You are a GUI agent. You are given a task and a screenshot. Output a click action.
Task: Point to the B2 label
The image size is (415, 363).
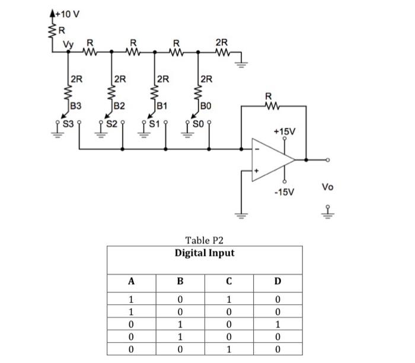[x=119, y=107]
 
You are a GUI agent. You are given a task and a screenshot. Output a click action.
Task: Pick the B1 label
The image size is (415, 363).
[x=161, y=107]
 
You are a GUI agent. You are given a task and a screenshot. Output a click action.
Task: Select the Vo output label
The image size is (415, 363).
[x=328, y=187]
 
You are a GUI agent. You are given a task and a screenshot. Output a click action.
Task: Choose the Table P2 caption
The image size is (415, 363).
[x=204, y=240]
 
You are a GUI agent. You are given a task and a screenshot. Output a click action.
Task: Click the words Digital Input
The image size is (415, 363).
[x=204, y=253]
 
